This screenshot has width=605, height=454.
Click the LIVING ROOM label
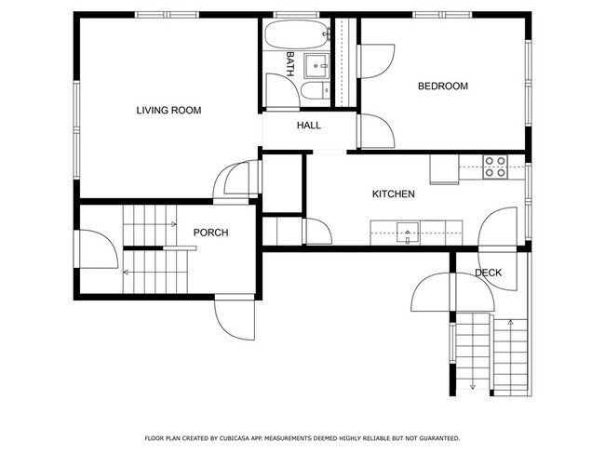[x=168, y=111]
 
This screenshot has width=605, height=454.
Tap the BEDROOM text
[x=442, y=87]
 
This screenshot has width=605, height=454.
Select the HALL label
[x=309, y=126]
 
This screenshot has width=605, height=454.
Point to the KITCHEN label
[x=393, y=194]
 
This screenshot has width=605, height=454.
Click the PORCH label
[x=210, y=233]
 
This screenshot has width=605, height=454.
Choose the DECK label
[x=488, y=273]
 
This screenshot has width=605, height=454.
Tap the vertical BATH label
[x=290, y=63]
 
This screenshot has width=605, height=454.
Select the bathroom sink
[x=317, y=64]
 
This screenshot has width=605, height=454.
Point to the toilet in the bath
[x=313, y=91]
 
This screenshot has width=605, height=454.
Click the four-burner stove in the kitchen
[x=495, y=167]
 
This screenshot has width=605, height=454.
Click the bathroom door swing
[x=280, y=89]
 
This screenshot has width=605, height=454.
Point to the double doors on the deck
[x=452, y=293]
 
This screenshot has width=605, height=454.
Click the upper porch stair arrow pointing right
[x=173, y=223]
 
